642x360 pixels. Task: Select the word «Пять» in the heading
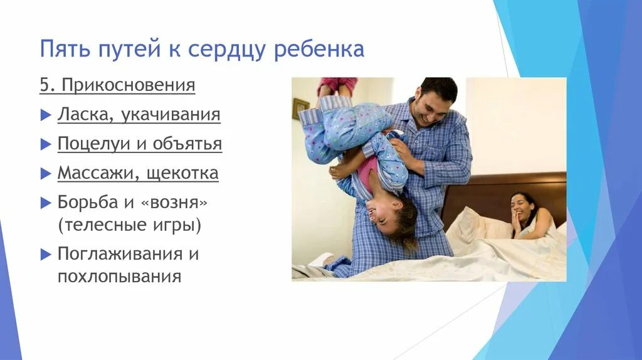[x=65, y=50]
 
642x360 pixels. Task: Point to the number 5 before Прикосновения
[x=45, y=85]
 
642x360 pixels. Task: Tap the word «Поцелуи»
[x=95, y=144]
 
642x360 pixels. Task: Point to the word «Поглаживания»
[x=121, y=254]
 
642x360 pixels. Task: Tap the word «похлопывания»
[x=120, y=276]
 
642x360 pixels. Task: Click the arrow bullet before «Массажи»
[x=45, y=174]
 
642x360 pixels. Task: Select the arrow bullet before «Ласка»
[x=45, y=115]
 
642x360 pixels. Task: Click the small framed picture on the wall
[x=301, y=109]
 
